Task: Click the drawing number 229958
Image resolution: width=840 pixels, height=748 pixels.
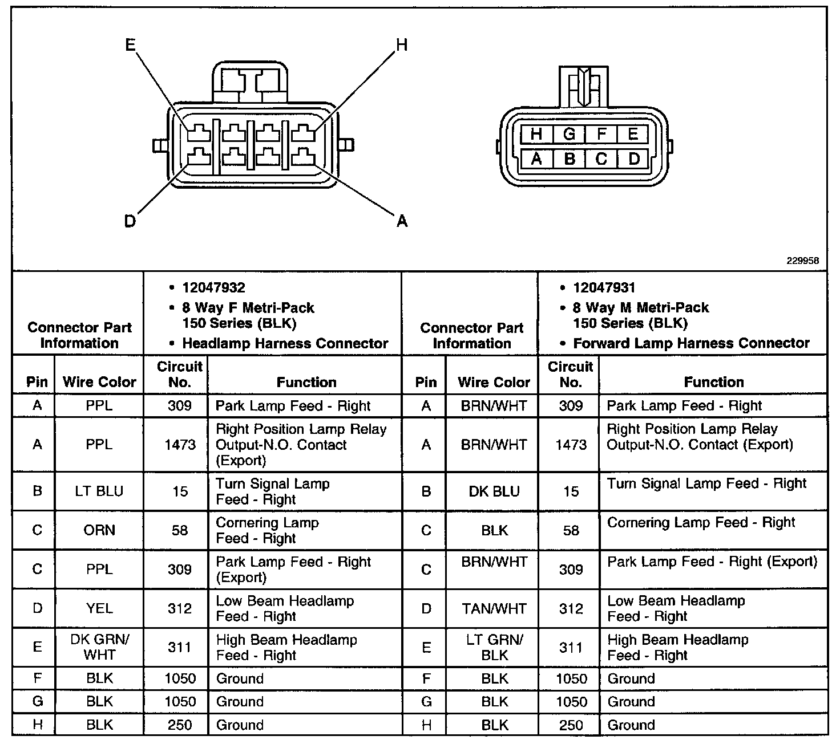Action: [x=803, y=261]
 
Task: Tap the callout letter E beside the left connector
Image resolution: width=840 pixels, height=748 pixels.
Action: [x=131, y=45]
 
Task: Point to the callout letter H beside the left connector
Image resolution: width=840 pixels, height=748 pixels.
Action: [x=402, y=45]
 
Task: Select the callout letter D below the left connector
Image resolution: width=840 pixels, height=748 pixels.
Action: [x=130, y=221]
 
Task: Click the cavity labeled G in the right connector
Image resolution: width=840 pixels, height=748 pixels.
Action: [x=569, y=135]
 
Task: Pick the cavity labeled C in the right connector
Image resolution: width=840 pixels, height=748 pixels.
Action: [x=601, y=158]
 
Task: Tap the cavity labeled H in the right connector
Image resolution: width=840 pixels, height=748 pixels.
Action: [x=536, y=135]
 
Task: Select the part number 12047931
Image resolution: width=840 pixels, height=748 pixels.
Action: [x=604, y=288]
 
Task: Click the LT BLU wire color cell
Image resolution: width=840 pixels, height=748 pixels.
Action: [x=99, y=491]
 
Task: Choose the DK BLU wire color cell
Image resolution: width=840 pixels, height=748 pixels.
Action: [x=494, y=491]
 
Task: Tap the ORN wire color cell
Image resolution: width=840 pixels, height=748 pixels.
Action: [x=99, y=530]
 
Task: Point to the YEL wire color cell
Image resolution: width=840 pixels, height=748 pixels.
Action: [x=99, y=608]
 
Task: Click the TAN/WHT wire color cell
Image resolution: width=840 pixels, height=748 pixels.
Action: [x=494, y=608]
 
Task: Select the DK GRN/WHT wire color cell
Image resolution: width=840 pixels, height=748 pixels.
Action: [x=99, y=647]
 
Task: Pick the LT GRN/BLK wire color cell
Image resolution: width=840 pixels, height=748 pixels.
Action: [x=494, y=647]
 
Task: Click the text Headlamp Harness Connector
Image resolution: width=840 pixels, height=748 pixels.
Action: [x=285, y=343]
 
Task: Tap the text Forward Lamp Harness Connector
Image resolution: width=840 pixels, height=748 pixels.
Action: [x=691, y=343]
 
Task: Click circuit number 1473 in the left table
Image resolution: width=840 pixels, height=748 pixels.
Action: [x=180, y=445]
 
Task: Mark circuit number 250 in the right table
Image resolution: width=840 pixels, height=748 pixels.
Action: [x=571, y=725]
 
